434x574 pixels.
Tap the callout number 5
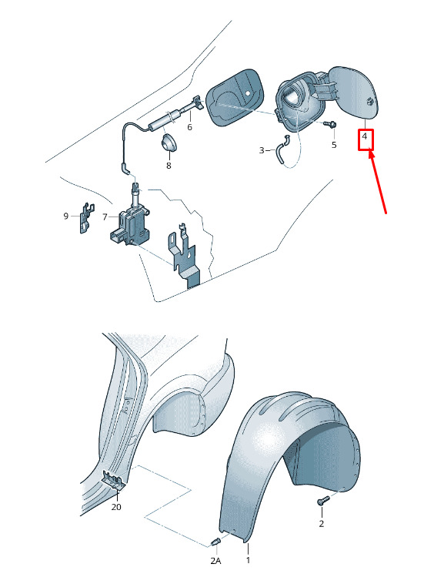334,145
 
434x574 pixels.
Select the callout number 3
262,150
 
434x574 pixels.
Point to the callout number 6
189,127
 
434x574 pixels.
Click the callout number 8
169,166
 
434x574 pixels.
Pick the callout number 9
66,216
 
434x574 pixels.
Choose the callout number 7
105,217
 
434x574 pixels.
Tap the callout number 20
116,507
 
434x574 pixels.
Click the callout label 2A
215,560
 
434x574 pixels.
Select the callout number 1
249,560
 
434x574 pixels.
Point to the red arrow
377,182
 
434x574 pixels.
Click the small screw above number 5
330,125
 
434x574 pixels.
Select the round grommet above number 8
169,143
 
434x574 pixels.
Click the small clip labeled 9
87,218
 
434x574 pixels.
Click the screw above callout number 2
323,500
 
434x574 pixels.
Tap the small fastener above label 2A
216,542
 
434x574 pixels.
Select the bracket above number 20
114,480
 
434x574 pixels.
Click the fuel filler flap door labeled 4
354,93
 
